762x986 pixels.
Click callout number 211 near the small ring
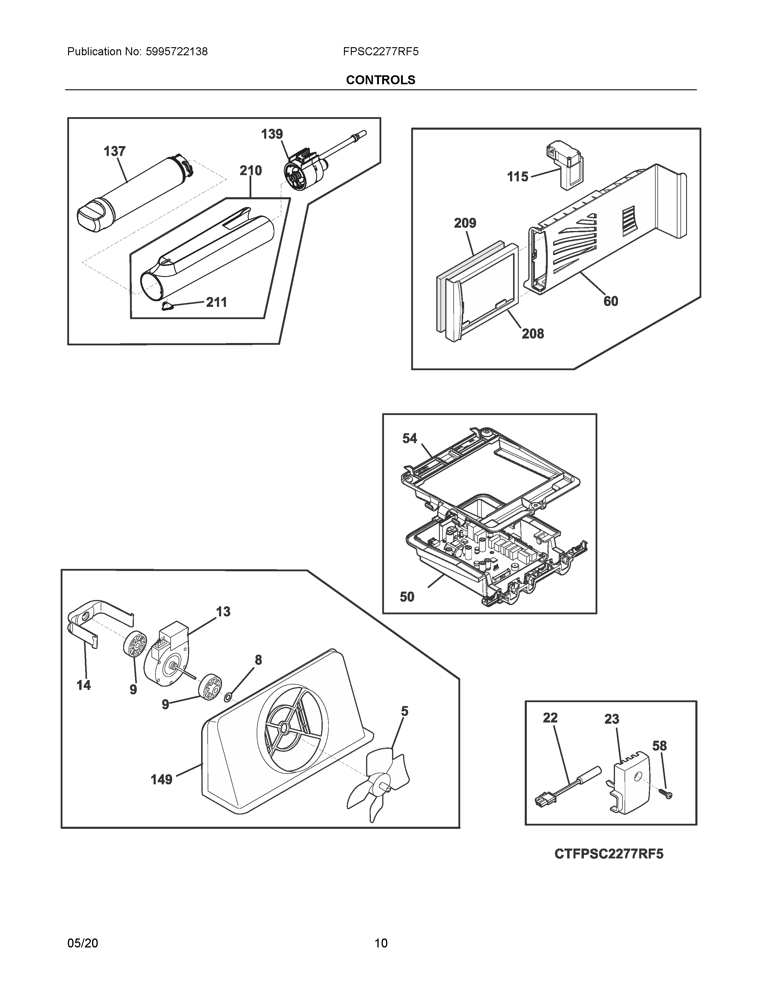pos(216,302)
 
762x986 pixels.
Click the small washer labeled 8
pos(228,699)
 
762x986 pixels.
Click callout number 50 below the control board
pos(407,597)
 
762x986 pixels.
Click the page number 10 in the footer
pos(380,943)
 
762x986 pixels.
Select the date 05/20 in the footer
pos(82,943)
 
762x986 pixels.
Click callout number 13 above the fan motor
pos(223,612)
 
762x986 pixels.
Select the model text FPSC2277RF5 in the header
pos(380,52)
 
